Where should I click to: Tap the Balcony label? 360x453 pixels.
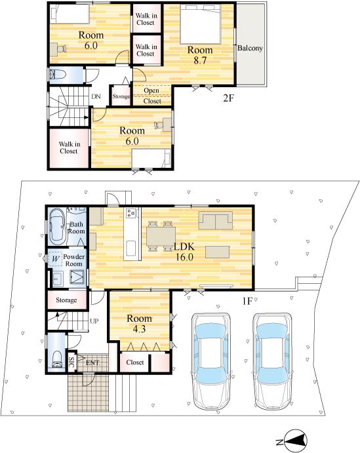click(250, 48)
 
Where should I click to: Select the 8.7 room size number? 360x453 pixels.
click(200, 60)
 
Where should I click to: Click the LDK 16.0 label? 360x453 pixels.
click(184, 252)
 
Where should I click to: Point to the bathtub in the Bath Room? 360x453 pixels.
click(58, 227)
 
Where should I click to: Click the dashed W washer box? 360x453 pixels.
click(56, 258)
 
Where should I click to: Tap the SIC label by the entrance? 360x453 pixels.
click(71, 361)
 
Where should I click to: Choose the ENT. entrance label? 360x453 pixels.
click(92, 363)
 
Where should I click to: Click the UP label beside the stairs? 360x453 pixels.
click(94, 321)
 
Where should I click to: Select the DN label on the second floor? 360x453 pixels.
click(96, 96)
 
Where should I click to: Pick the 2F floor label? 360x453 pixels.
click(228, 98)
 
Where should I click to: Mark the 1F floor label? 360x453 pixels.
click(247, 301)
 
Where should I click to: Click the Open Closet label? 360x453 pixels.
click(151, 96)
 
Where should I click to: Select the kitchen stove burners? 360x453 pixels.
click(130, 213)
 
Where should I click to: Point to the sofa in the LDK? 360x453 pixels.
click(216, 220)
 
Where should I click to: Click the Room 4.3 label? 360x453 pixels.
click(139, 323)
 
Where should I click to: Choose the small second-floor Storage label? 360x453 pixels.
click(121, 96)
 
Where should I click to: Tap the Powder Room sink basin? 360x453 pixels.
click(58, 279)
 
